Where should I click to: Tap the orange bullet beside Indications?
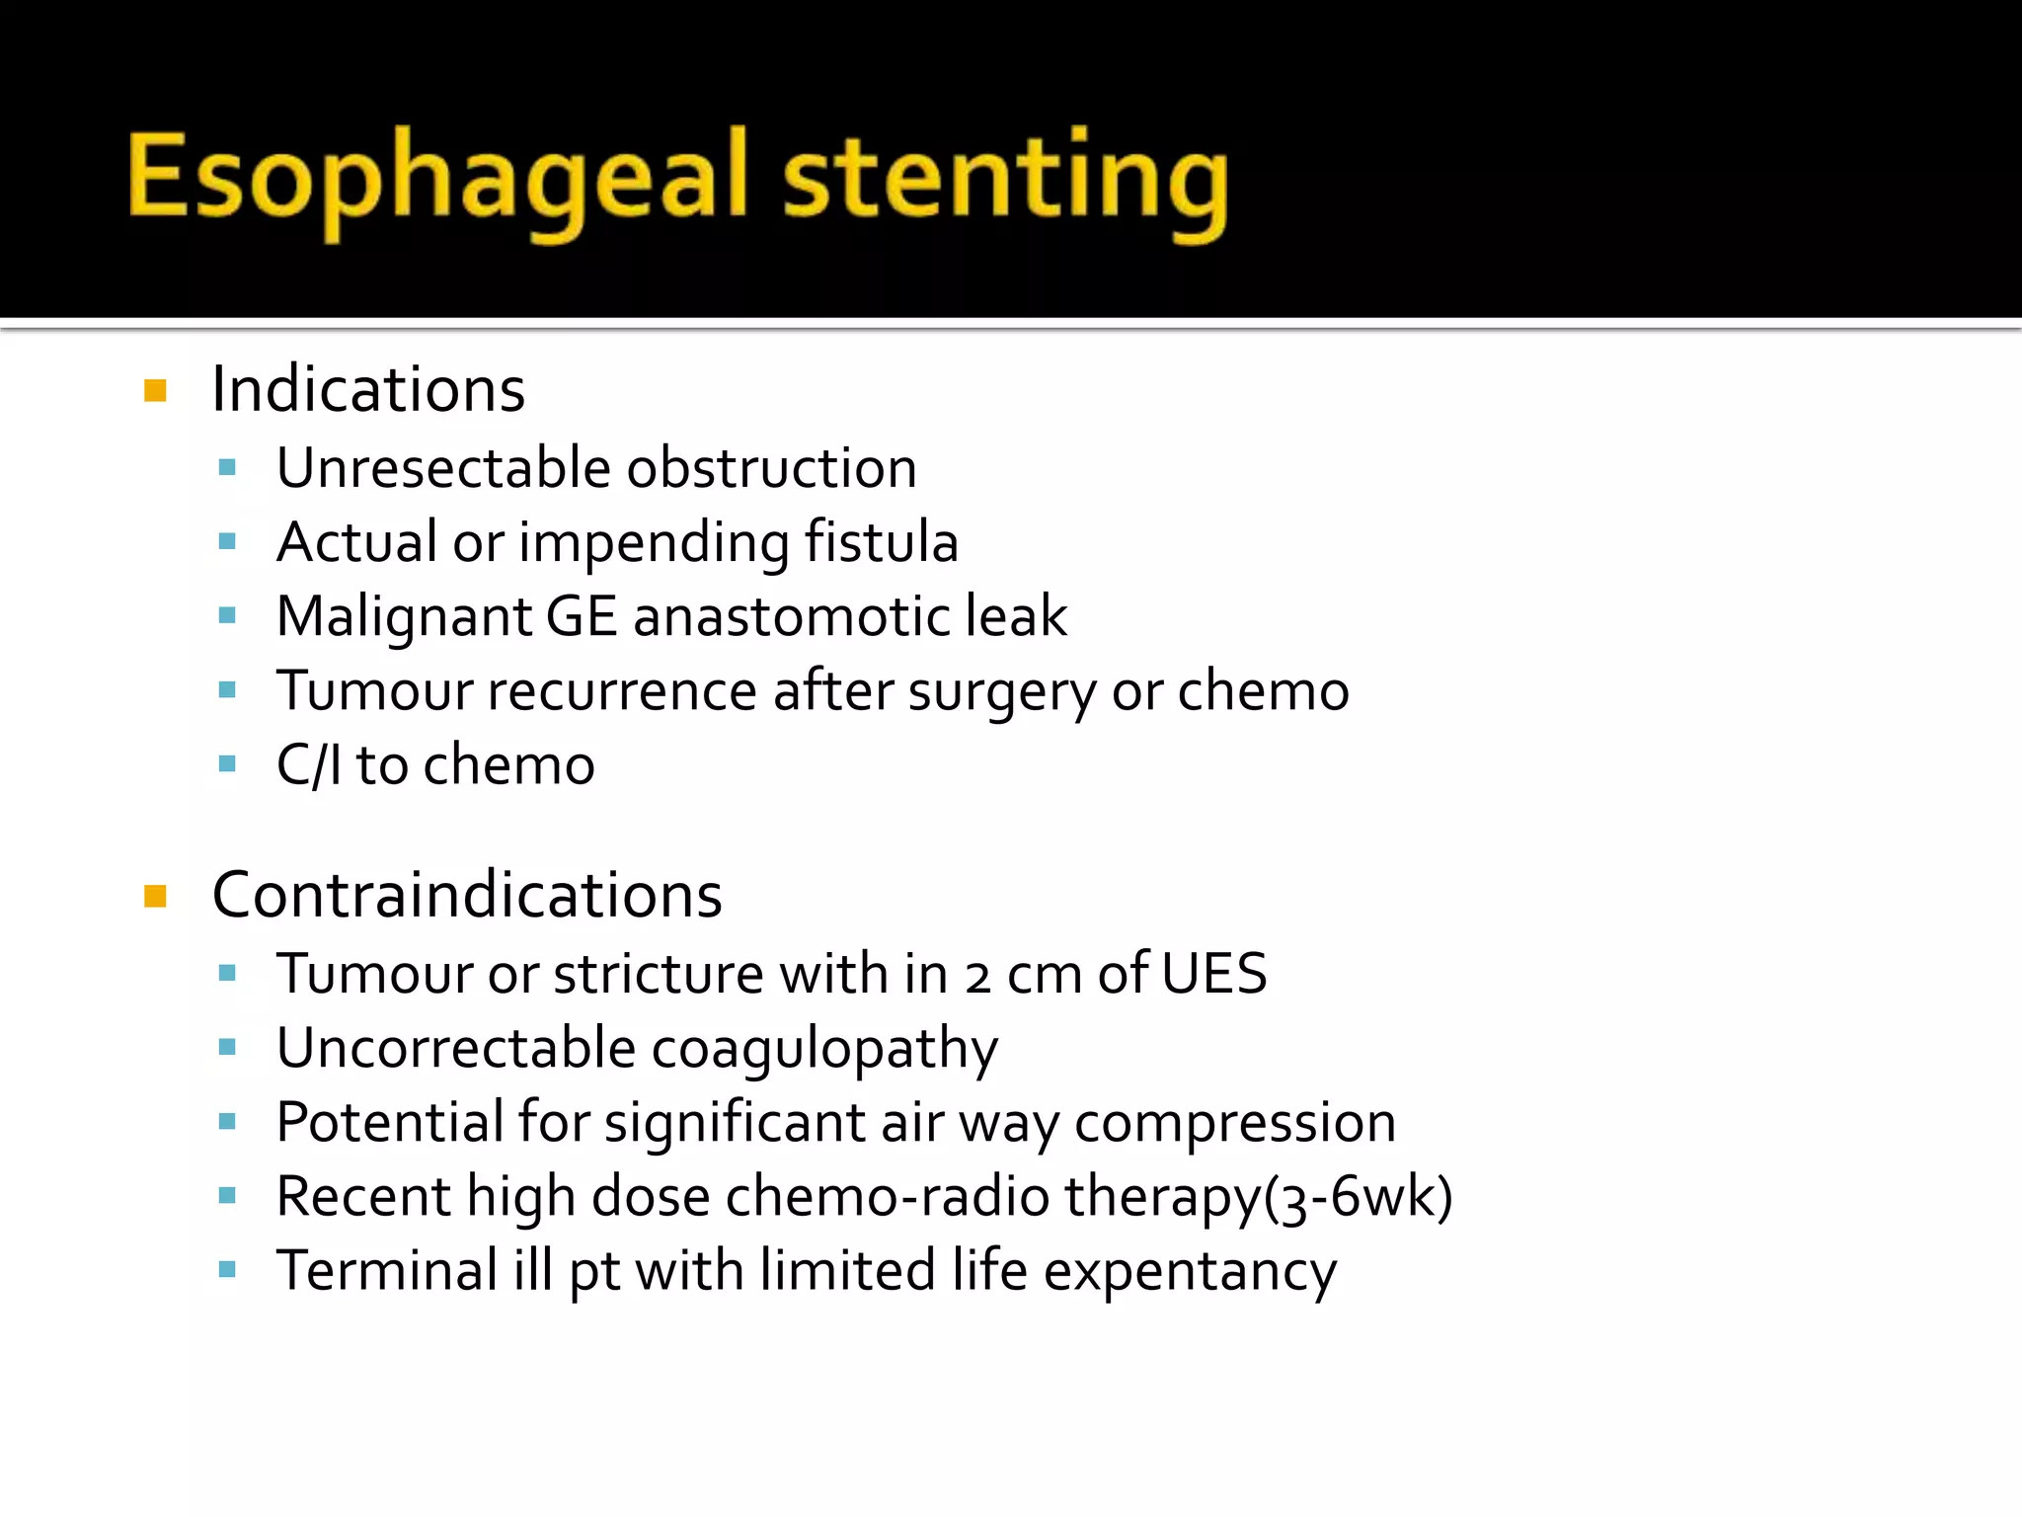pos(155,390)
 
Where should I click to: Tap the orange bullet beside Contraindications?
pos(155,896)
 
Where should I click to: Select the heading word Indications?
pos(368,389)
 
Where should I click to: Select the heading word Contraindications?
pos(467,895)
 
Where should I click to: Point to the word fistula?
pos(881,541)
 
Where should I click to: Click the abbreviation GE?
pos(582,615)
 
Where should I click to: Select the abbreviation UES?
pos(1213,973)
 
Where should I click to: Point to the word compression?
pos(1235,1122)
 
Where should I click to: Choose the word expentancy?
pos(1190,1271)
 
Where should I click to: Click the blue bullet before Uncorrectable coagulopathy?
pos(228,1047)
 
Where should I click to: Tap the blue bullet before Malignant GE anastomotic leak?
pos(228,615)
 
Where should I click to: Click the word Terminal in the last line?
pos(387,1270)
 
